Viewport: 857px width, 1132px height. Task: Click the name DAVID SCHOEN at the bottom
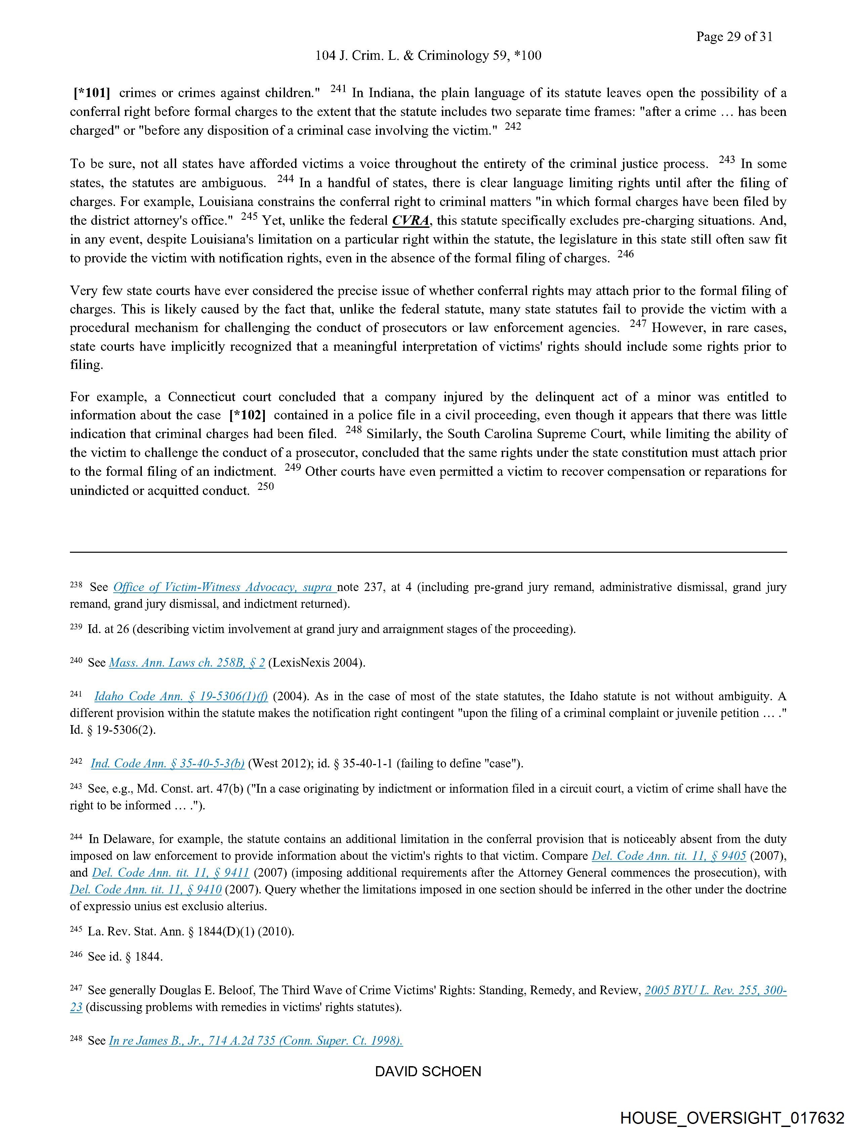(428, 1071)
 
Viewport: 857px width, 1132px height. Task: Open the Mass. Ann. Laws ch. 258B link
(187, 663)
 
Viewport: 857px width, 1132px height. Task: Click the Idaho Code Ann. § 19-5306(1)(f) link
(181, 697)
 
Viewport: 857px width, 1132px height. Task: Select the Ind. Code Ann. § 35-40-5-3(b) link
(167, 763)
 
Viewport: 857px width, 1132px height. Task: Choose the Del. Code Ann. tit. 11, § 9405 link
(668, 856)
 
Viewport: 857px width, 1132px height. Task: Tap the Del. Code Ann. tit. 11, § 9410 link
(146, 889)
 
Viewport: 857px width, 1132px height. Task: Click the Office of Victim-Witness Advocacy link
(224, 587)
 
